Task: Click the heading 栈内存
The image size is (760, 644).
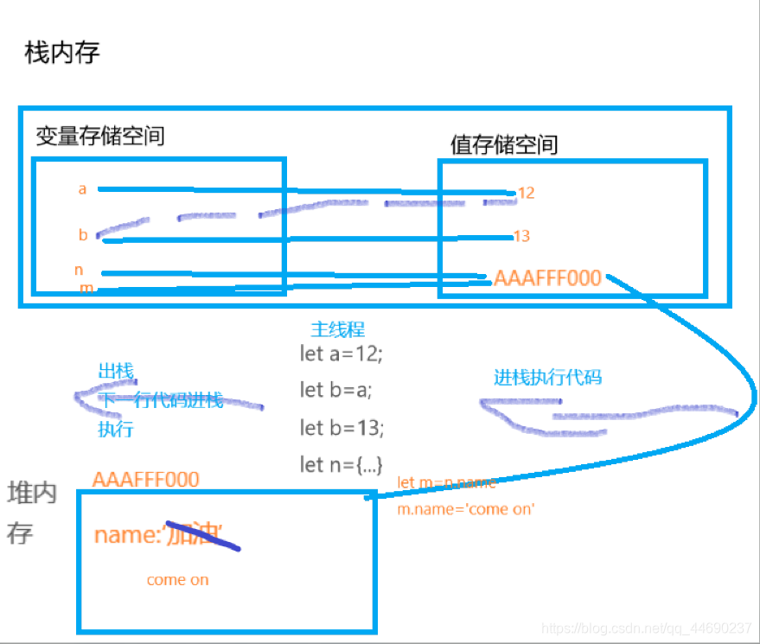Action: (x=62, y=53)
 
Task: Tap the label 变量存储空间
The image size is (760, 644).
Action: (x=100, y=136)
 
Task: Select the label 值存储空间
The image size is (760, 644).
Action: (x=504, y=144)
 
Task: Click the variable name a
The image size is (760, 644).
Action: (x=82, y=188)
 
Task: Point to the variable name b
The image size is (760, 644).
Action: (x=83, y=234)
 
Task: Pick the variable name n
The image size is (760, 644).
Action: (x=79, y=271)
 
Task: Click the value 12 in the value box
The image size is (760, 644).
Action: (x=526, y=193)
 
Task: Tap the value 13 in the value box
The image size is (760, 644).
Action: (x=521, y=236)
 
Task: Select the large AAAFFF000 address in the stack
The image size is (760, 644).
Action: (x=547, y=278)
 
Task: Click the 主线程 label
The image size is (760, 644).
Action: (x=337, y=329)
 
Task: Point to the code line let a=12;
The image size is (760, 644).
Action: (x=341, y=353)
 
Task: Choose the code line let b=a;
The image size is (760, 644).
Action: (x=335, y=390)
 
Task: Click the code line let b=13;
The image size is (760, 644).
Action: (x=342, y=427)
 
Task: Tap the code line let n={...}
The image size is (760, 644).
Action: (x=341, y=464)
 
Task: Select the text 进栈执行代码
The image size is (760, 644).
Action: (x=547, y=377)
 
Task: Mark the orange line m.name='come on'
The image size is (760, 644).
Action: (x=466, y=509)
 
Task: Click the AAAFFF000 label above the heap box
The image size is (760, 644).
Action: (x=145, y=479)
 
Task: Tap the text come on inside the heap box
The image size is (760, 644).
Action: (x=177, y=579)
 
